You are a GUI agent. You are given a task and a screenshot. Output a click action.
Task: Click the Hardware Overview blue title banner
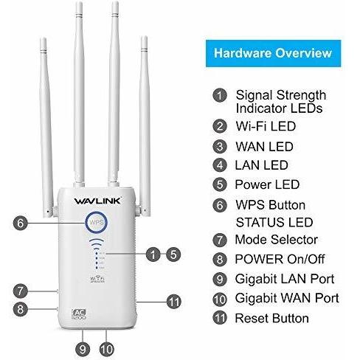(x=273, y=53)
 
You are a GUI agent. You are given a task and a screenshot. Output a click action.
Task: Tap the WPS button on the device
(x=96, y=223)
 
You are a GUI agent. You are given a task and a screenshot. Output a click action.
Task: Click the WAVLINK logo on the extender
(x=97, y=201)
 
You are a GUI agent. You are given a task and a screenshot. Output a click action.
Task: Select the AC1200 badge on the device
(x=79, y=314)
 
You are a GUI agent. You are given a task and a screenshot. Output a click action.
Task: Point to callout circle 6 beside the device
(x=21, y=223)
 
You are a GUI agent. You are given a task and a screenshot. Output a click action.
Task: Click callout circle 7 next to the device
(x=20, y=291)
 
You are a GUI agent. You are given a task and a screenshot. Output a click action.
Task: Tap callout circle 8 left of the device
(x=20, y=309)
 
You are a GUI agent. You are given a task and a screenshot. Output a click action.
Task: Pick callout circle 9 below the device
(x=83, y=349)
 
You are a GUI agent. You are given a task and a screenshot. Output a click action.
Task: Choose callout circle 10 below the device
(x=107, y=349)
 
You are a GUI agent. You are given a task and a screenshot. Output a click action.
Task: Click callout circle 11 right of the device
(x=174, y=302)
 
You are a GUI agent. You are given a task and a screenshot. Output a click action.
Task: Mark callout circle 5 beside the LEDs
(x=173, y=255)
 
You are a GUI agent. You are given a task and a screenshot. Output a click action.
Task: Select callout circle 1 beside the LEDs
(x=153, y=255)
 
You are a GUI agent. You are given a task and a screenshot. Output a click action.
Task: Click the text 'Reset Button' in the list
(x=272, y=318)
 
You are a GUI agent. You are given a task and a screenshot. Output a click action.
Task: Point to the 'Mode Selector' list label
(x=277, y=240)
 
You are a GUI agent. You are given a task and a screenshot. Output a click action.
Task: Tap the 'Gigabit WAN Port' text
(x=287, y=298)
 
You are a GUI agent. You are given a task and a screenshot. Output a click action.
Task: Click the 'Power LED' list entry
(x=267, y=184)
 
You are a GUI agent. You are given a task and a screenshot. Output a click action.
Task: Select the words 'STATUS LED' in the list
(x=274, y=222)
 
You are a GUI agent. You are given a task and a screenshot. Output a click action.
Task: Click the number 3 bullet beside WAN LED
(x=220, y=147)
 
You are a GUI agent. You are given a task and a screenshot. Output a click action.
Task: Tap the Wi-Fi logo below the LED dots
(x=97, y=279)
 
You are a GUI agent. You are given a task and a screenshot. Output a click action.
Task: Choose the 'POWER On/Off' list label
(x=280, y=259)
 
